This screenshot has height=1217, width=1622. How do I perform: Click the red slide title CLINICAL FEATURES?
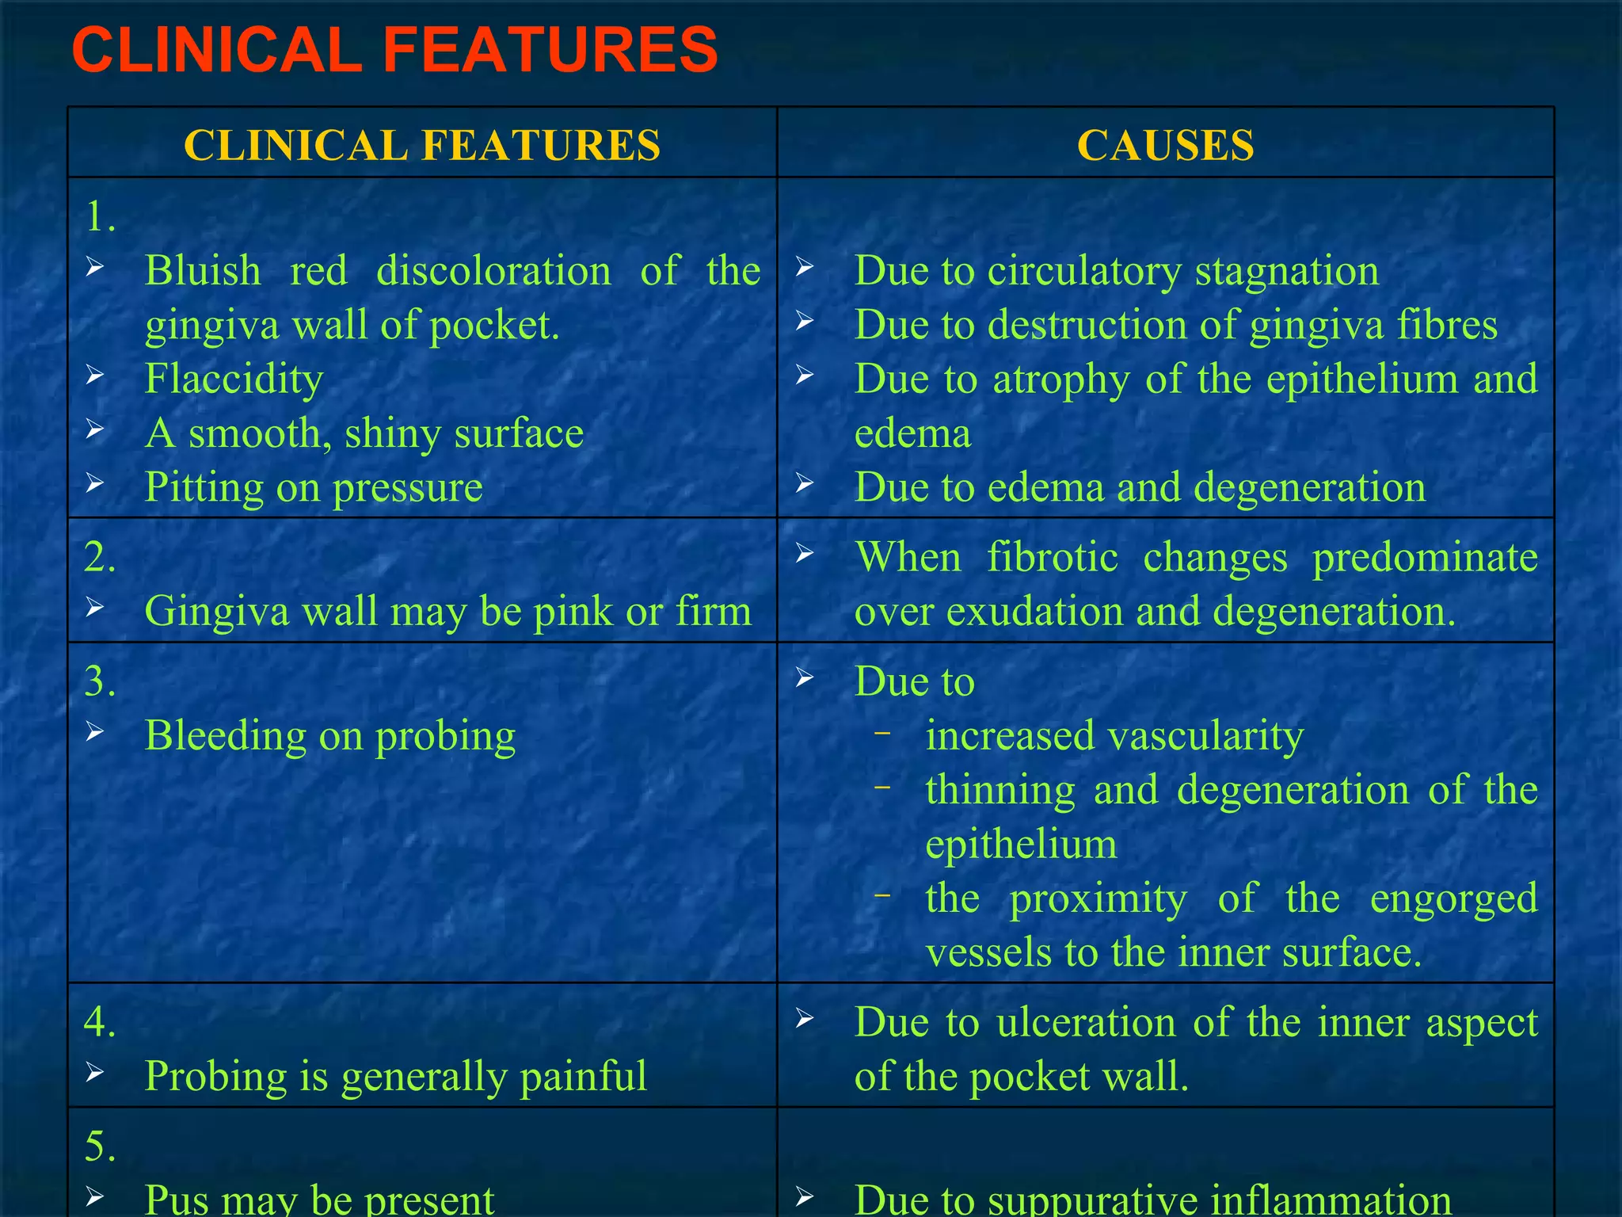click(x=394, y=50)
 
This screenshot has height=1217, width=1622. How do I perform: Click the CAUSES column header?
click(x=1165, y=146)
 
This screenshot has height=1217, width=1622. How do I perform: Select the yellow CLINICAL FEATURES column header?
click(x=421, y=146)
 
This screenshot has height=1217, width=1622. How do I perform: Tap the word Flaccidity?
click(x=234, y=379)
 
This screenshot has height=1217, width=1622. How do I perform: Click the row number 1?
click(x=99, y=216)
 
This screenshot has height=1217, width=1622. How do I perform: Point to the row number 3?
click(x=99, y=681)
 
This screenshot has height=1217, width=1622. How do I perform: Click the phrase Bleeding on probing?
click(x=329, y=736)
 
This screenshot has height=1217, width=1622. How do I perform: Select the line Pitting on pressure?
click(x=313, y=487)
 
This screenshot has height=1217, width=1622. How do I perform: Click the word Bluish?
click(x=203, y=271)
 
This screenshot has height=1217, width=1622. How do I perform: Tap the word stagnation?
click(x=1286, y=271)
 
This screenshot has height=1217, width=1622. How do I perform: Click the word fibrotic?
click(x=1053, y=557)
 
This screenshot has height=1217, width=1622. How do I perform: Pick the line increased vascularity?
click(x=1114, y=736)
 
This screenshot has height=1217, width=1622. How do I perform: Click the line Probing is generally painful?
click(x=395, y=1076)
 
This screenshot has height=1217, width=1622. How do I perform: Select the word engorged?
click(x=1453, y=898)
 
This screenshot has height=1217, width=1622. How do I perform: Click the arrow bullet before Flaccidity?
click(x=95, y=375)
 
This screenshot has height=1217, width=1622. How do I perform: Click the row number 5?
click(x=99, y=1146)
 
